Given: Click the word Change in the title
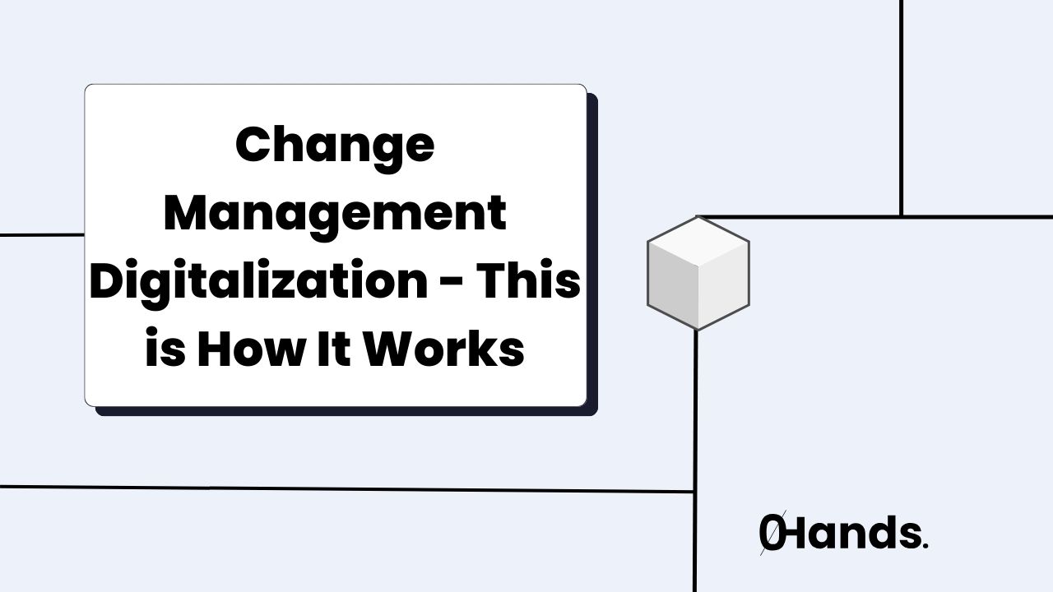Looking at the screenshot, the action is (x=335, y=146).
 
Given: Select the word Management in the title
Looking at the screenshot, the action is (x=335, y=214).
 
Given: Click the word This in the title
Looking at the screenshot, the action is (x=530, y=282).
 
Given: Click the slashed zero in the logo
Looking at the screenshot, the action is (x=772, y=534).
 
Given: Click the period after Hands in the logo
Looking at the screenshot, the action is (x=925, y=546).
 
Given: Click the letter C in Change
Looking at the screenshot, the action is (x=252, y=146).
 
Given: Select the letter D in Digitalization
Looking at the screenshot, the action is (x=107, y=282).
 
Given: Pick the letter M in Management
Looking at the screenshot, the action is (x=187, y=214).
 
